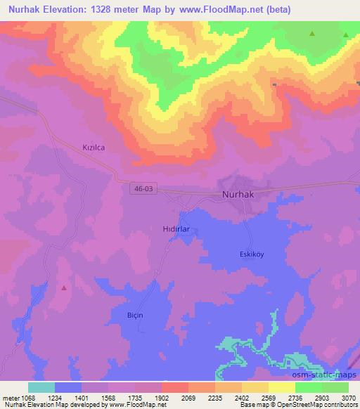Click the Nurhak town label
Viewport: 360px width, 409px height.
pos(238,194)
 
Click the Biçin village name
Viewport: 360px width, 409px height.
pos(134,314)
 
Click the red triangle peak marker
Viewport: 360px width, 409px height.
pos(65,287)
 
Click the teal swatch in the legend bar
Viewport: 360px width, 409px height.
pos(41,387)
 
